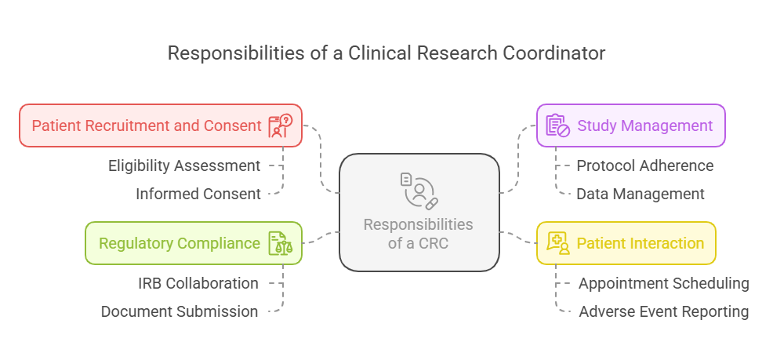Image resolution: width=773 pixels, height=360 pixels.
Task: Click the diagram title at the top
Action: [x=386, y=53]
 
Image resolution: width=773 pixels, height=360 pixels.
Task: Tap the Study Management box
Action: [x=631, y=125]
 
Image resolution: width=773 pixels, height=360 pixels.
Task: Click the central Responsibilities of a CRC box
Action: [x=419, y=213]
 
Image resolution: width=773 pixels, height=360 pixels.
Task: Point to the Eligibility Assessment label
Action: [x=184, y=165]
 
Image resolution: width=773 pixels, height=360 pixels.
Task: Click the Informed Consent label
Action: [x=198, y=194]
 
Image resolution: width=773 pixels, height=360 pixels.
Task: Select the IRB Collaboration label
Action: [x=198, y=283]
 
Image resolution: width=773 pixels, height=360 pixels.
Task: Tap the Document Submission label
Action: [x=180, y=311]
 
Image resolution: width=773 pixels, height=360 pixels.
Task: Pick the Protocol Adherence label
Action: [x=645, y=165]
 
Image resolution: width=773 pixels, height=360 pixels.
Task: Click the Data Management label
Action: [x=641, y=194]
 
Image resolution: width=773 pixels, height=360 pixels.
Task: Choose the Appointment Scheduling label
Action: [x=663, y=283]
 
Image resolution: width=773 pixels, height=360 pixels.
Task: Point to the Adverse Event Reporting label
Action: [x=664, y=311]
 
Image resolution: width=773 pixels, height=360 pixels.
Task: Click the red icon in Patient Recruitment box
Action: [x=280, y=125]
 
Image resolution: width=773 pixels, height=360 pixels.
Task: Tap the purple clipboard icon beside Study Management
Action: [x=557, y=125]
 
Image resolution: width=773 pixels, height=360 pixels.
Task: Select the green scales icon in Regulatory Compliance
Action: [x=280, y=243]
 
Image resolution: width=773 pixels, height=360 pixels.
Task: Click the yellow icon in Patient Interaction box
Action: [x=557, y=243]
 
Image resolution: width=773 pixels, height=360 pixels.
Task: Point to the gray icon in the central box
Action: [x=419, y=191]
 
